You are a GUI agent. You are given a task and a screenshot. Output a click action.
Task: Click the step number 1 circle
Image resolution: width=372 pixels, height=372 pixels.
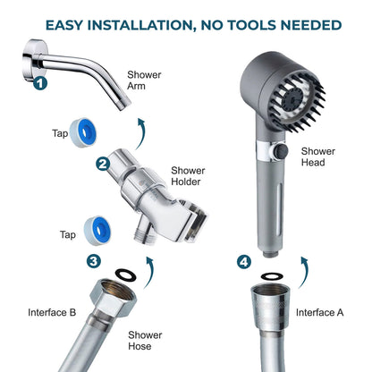[x=39, y=86]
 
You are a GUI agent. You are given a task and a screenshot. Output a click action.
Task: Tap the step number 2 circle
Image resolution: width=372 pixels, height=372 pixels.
[x=103, y=164]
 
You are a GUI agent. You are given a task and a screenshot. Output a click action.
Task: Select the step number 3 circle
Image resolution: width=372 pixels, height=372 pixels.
[x=93, y=261]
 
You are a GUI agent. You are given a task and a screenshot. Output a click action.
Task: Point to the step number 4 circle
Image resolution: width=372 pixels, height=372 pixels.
[x=244, y=261]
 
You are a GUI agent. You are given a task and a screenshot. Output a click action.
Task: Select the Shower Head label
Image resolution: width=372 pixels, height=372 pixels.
[x=317, y=157]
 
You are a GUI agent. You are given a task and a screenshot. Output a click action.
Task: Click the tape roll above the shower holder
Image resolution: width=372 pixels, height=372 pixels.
[x=101, y=133]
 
